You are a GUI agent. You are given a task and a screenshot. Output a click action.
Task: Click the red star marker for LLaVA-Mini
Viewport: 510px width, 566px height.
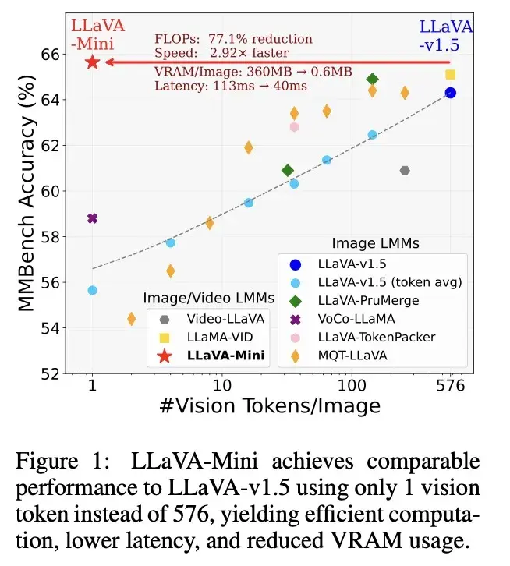click(92, 62)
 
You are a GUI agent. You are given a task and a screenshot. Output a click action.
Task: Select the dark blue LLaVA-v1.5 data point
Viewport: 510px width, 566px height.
click(450, 93)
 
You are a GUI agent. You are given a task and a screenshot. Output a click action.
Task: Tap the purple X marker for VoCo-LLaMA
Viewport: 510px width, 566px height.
click(92, 218)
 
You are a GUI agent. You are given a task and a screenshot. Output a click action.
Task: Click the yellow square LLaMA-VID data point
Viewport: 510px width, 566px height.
click(450, 74)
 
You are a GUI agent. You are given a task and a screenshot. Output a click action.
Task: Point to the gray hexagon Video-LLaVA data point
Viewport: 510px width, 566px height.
click(405, 171)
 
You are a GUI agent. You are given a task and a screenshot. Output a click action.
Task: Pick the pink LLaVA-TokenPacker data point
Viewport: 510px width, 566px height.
click(294, 126)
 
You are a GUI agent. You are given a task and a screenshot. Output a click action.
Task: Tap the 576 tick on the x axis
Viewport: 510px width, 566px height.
click(450, 386)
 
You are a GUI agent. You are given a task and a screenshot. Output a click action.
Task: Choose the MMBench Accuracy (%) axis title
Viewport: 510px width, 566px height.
click(27, 210)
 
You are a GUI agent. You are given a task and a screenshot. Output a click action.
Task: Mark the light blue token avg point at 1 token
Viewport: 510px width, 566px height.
click(92, 290)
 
